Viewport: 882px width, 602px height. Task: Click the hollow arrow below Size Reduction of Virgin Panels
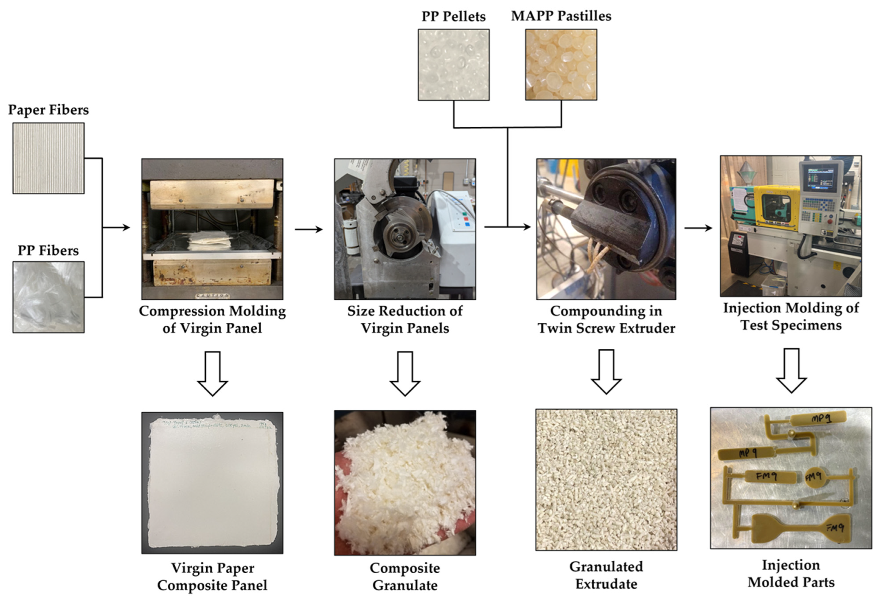click(405, 374)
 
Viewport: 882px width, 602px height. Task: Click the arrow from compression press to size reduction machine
click(309, 229)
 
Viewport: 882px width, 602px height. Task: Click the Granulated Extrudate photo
click(606, 480)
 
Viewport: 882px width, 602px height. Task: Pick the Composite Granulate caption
click(405, 577)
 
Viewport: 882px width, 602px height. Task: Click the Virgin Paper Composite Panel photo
click(212, 483)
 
